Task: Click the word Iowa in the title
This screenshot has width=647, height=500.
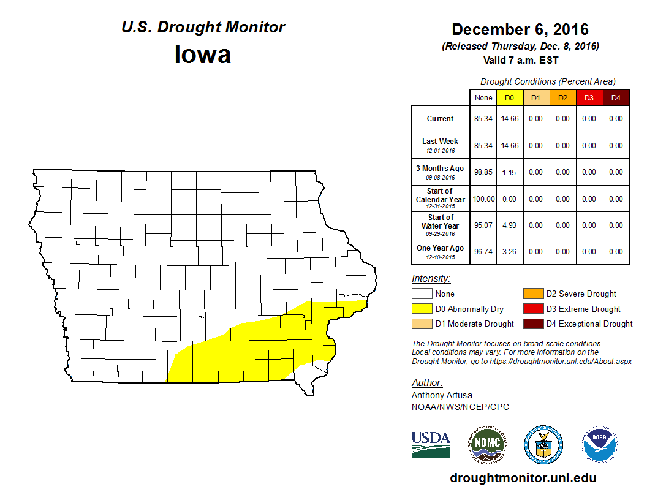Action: (x=203, y=55)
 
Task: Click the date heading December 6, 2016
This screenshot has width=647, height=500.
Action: (x=520, y=29)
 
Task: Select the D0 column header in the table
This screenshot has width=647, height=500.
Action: (x=509, y=98)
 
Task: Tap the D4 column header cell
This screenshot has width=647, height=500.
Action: (x=616, y=98)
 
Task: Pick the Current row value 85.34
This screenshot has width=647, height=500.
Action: (x=483, y=119)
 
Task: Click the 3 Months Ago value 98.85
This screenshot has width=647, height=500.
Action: (x=483, y=172)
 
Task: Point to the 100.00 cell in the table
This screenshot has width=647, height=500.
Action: (x=483, y=199)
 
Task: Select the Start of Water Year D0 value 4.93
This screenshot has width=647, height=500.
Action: (x=509, y=225)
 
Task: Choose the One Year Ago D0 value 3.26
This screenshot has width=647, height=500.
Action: (x=509, y=251)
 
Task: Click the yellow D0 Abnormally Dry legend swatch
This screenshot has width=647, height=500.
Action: (x=422, y=309)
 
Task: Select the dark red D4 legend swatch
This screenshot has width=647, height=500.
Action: (x=533, y=324)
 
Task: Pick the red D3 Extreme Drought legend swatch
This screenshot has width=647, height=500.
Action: (x=533, y=309)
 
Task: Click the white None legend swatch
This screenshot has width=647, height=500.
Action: (x=422, y=294)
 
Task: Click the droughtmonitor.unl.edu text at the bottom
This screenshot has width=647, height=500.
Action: (x=523, y=478)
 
